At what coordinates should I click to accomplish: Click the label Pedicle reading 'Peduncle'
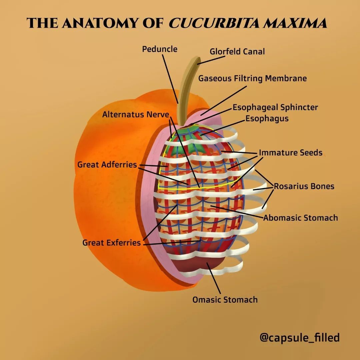[x=160, y=49]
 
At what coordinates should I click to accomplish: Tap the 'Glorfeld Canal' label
[x=237, y=51]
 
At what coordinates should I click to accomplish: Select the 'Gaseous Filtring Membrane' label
[x=253, y=78]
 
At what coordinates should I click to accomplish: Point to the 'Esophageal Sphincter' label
[x=275, y=107]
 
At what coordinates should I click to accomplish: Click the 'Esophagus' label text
[x=267, y=118]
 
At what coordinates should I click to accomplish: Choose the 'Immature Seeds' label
[x=291, y=152]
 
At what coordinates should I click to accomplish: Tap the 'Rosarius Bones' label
[x=304, y=186]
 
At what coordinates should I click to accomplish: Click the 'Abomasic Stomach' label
[x=301, y=218]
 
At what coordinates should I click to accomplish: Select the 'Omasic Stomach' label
[x=225, y=300]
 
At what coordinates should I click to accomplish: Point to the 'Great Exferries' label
[x=111, y=243]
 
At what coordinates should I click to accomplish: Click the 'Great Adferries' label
[x=107, y=165]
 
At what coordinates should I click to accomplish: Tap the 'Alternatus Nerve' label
[x=136, y=114]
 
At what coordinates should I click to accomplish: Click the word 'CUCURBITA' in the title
[x=215, y=23]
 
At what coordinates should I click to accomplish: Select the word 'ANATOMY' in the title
[x=100, y=23]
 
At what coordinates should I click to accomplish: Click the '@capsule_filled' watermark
[x=300, y=337]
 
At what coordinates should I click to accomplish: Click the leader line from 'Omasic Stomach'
[x=214, y=278]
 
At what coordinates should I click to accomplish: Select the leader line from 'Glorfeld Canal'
[x=211, y=60]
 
